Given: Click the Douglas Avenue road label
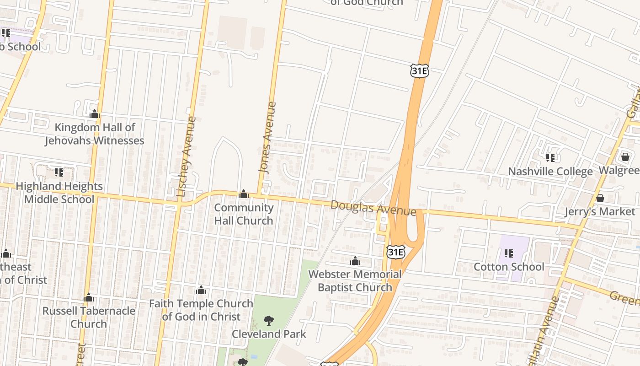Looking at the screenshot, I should click(373, 208).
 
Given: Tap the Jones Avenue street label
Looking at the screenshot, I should click(267, 137).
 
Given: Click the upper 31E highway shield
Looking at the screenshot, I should click(419, 70).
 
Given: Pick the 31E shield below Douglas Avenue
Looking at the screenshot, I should click(395, 251).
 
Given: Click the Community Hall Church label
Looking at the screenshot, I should click(244, 214).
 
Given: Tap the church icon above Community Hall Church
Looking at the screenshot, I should click(244, 194).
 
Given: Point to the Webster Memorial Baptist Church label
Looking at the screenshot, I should click(355, 280).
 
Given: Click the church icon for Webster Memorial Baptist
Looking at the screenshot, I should click(355, 261).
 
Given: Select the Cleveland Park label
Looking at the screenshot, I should click(269, 334).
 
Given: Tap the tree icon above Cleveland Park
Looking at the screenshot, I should click(269, 321).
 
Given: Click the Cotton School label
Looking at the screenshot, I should click(509, 267).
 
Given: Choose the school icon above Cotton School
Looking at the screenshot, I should click(508, 253).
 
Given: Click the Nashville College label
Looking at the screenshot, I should click(550, 172).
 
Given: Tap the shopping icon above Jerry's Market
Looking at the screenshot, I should click(600, 198).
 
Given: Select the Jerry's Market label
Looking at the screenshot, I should click(600, 211).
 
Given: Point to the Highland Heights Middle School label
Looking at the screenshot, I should click(59, 193).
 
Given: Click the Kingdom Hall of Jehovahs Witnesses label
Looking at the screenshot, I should click(94, 134).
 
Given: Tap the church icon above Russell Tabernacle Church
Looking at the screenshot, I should click(89, 298).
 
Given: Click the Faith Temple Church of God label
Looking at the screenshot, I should click(201, 310).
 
